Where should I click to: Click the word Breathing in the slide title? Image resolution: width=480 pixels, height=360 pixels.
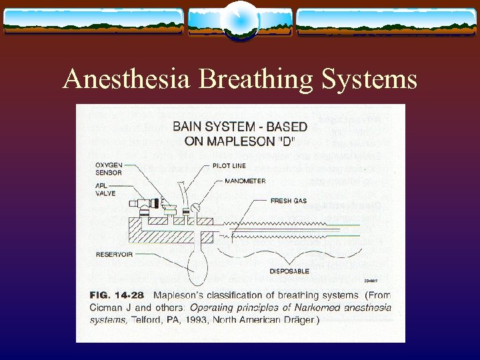246,80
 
